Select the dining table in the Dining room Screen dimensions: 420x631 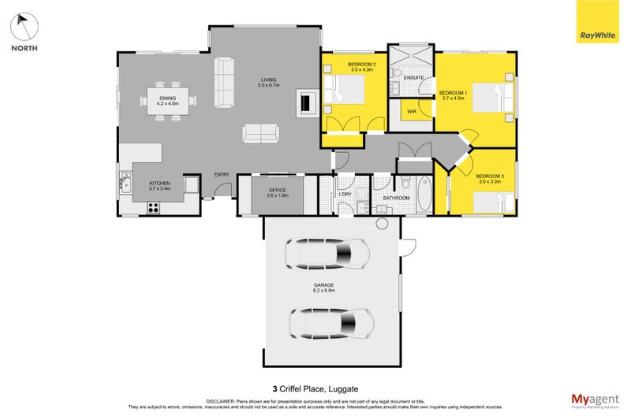tap(168, 100)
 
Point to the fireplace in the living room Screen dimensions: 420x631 tap(308, 102)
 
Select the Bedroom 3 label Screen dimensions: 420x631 tap(489, 177)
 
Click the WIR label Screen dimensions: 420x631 tap(412, 112)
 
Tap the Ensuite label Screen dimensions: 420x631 tap(413, 77)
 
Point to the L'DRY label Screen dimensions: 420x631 tap(345, 195)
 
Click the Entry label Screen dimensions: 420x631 tap(222, 175)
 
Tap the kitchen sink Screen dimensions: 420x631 tap(125, 186)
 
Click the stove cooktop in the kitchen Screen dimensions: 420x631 tap(153, 208)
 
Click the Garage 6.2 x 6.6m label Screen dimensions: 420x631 tap(324, 287)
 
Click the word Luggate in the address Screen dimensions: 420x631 tap(342, 388)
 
